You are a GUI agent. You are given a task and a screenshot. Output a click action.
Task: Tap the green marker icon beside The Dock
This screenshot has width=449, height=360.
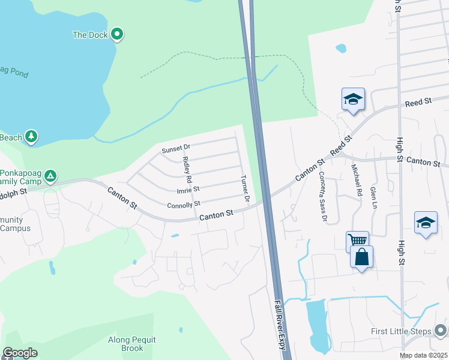click(118, 35)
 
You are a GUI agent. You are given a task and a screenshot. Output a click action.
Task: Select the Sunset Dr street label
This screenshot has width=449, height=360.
click(175, 148)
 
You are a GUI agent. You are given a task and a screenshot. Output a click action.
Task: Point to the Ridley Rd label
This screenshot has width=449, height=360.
click(187, 170)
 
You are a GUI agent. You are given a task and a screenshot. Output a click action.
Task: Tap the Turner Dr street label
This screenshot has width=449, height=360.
click(244, 188)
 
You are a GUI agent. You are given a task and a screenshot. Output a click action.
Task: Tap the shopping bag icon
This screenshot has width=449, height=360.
click(361, 257)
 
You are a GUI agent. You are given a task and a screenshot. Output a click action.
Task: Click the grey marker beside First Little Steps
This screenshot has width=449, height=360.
click(441, 331)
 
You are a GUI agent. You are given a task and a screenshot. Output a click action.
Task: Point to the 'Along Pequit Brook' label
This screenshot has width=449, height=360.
click(131, 344)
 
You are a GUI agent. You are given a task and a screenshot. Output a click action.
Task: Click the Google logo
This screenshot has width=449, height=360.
click(19, 353)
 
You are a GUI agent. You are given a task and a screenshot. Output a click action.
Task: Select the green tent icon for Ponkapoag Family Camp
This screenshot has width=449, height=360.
click(51, 176)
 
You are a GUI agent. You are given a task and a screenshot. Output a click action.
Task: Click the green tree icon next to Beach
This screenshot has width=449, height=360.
click(31, 137)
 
